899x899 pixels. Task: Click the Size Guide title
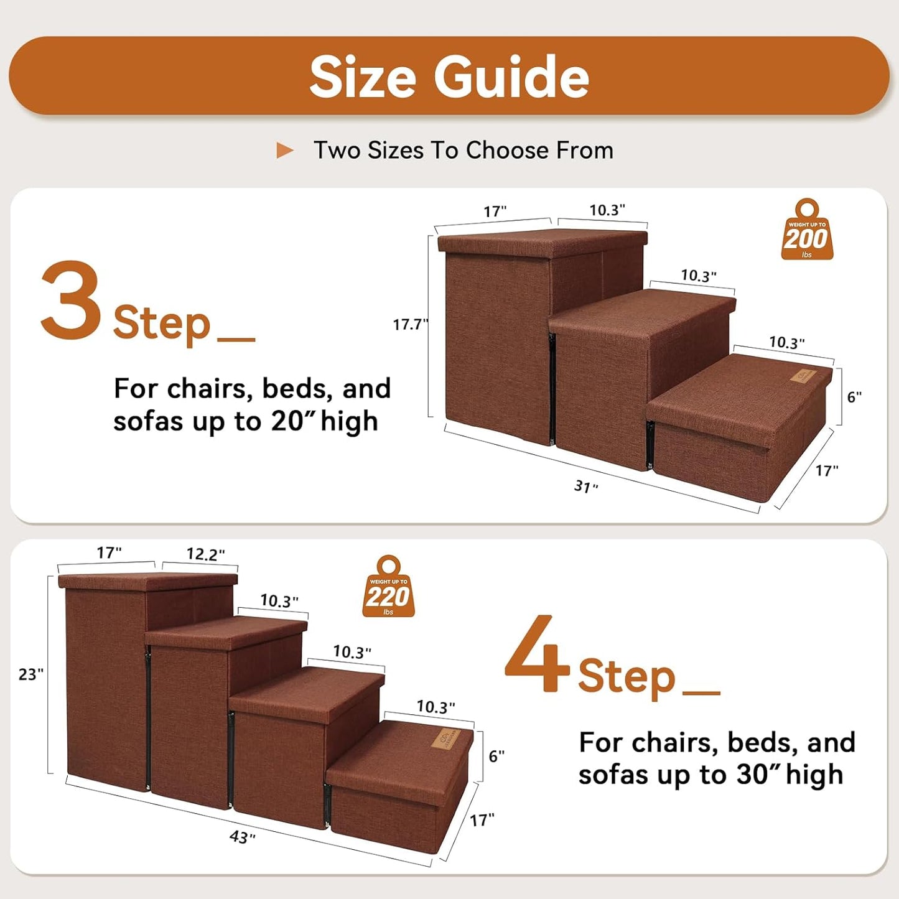(449, 77)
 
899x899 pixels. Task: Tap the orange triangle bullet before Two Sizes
(284, 151)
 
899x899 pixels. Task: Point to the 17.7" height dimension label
(410, 324)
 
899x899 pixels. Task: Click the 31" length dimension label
(585, 486)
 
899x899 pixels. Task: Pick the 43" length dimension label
(242, 837)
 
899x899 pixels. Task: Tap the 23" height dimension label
(30, 674)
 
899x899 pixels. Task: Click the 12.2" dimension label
(205, 554)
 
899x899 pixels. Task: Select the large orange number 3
(70, 301)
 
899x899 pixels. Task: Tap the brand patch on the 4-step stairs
(449, 738)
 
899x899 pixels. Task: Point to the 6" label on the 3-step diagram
(854, 397)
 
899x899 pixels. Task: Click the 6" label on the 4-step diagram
(496, 756)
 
